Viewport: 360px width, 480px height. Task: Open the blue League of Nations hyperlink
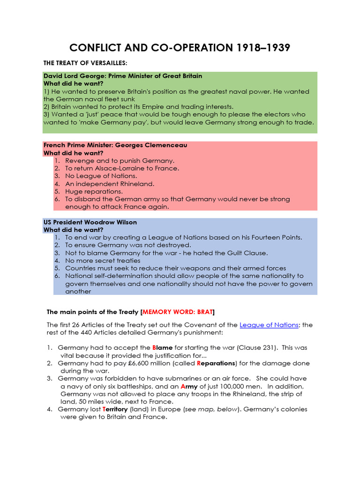pos(269,325)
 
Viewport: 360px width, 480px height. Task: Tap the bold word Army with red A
pos(189,386)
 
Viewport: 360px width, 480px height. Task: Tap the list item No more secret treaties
pos(103,260)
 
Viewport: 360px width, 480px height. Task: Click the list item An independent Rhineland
pos(110,184)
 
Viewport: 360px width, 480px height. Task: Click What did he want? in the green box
pos(74,83)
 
